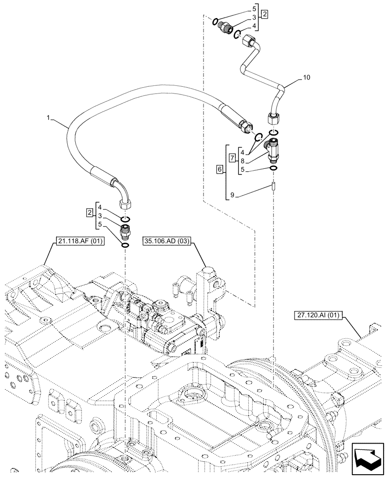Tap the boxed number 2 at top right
pyautogui.click(x=264, y=14)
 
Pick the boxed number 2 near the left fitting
pyautogui.click(x=90, y=212)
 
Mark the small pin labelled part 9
pyautogui.click(x=274, y=187)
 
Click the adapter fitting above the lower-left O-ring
pyautogui.click(x=125, y=230)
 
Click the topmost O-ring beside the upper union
pyautogui.click(x=215, y=21)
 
